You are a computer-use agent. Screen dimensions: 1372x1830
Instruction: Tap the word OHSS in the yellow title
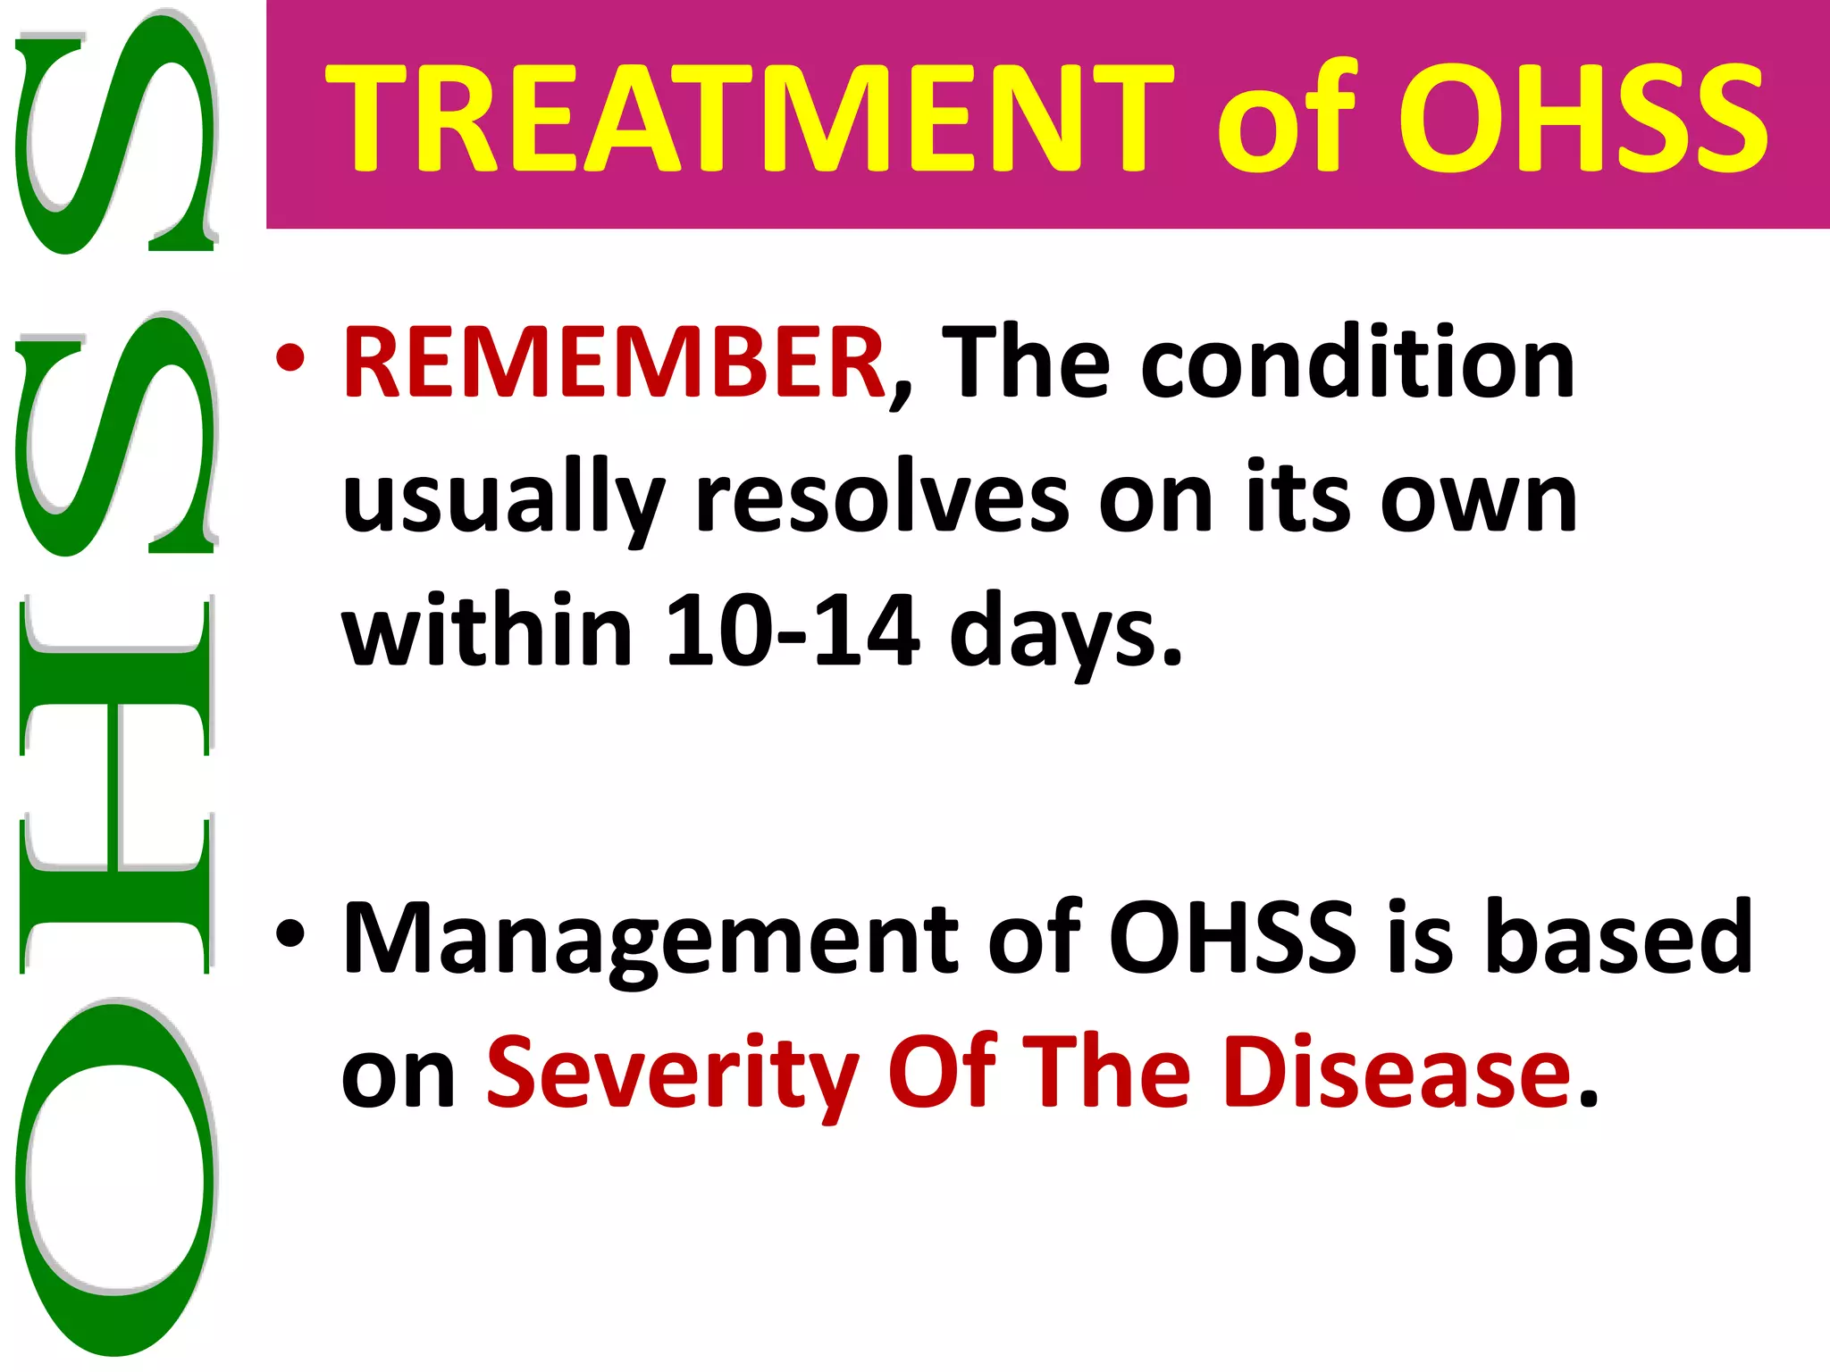coord(1582,119)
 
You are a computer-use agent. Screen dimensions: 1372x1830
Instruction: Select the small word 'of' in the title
coord(1287,119)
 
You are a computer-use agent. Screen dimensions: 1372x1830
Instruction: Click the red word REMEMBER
coord(613,363)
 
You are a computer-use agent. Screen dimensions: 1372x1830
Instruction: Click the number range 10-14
coord(792,631)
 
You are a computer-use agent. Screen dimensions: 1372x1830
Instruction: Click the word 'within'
coord(488,631)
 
